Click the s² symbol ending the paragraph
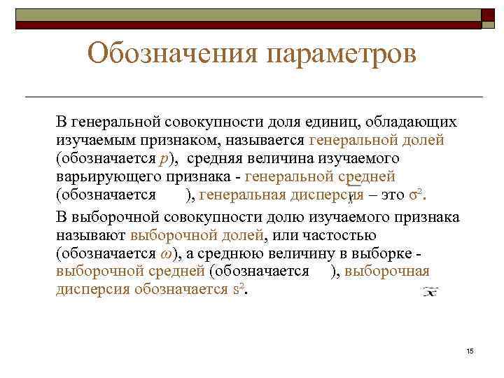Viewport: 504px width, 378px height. [x=240, y=288]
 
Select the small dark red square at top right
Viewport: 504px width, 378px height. [x=487, y=15]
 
